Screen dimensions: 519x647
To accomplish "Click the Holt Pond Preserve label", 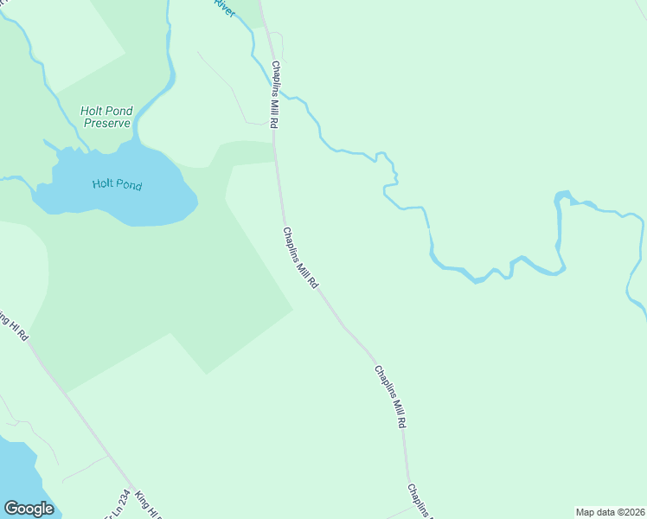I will pos(107,116).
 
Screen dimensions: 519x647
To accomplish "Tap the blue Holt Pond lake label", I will pos(117,184).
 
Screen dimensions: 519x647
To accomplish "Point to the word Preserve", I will pos(107,123).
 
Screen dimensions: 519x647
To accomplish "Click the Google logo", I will pos(29,508).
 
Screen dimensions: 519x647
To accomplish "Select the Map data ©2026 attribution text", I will pos(610,512).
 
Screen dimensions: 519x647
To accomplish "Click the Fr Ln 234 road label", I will pos(118,504).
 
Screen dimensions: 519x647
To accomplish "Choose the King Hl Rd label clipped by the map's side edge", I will pos(16,325).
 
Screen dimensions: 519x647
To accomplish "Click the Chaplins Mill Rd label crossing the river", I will pos(275,95).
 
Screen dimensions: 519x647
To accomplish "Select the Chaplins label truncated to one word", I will pos(419,500).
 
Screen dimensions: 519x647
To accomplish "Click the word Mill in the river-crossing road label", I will pos(275,97).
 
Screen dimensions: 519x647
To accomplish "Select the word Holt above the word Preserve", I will pos(93,110).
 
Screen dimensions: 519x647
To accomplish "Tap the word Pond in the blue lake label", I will pos(129,185).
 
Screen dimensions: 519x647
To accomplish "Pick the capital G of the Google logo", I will pos(11,508).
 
